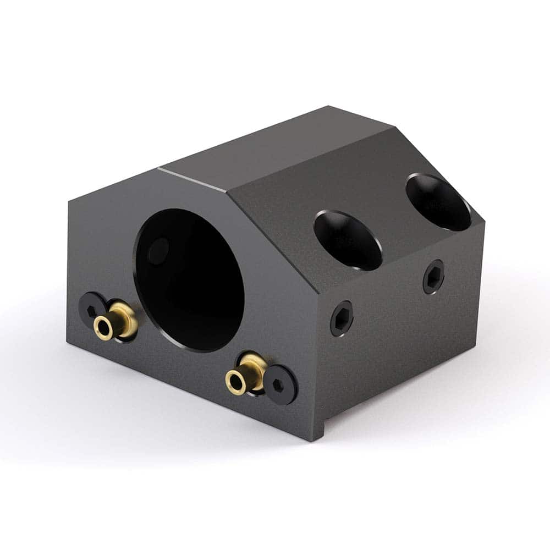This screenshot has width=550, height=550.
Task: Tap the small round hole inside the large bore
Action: tap(159, 251)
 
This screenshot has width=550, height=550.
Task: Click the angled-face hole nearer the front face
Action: tap(348, 240)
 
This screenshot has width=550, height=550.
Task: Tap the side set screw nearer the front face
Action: tap(342, 318)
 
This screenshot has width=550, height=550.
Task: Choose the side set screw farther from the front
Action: tap(433, 276)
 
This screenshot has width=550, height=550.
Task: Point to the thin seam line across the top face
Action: tap(193, 180)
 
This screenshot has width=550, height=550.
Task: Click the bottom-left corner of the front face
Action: tap(68, 343)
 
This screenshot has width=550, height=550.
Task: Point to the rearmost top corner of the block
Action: tap(329, 106)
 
